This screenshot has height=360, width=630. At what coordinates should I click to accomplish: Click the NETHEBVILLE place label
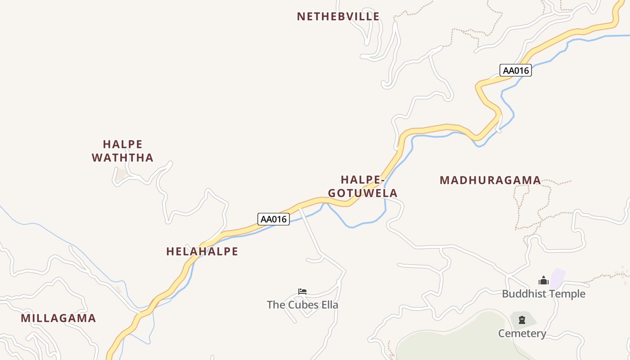coord(338,17)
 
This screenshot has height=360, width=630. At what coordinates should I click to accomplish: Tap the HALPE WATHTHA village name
coord(122,151)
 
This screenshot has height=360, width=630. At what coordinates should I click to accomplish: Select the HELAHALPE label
coord(202,252)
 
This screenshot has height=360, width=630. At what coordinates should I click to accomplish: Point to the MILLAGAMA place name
coord(58,318)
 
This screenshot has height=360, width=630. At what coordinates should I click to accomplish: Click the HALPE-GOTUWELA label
coord(363,186)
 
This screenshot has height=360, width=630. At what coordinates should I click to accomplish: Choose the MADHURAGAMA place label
coord(490,180)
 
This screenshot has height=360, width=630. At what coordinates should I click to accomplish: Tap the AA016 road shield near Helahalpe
coord(274,219)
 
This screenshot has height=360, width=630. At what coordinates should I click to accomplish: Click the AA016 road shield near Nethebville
coord(515,70)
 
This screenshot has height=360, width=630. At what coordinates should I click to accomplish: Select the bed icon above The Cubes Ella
coord(302,292)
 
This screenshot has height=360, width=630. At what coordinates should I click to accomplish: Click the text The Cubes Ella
coord(302,305)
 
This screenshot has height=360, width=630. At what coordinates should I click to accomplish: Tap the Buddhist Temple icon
coord(544,281)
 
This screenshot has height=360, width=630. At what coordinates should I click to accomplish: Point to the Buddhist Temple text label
coord(544,294)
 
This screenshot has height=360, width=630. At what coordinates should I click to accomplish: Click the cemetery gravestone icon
coord(522,320)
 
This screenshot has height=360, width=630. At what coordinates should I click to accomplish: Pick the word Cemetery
coord(522,333)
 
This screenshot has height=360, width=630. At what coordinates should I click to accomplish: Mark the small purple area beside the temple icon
coord(558,278)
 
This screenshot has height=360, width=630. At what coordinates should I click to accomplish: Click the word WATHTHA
coord(122,157)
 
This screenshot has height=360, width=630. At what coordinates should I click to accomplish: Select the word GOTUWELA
coord(363,193)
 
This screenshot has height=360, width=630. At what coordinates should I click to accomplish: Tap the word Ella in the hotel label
coord(329,305)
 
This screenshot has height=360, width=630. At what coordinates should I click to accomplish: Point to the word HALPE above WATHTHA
coord(122,144)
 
